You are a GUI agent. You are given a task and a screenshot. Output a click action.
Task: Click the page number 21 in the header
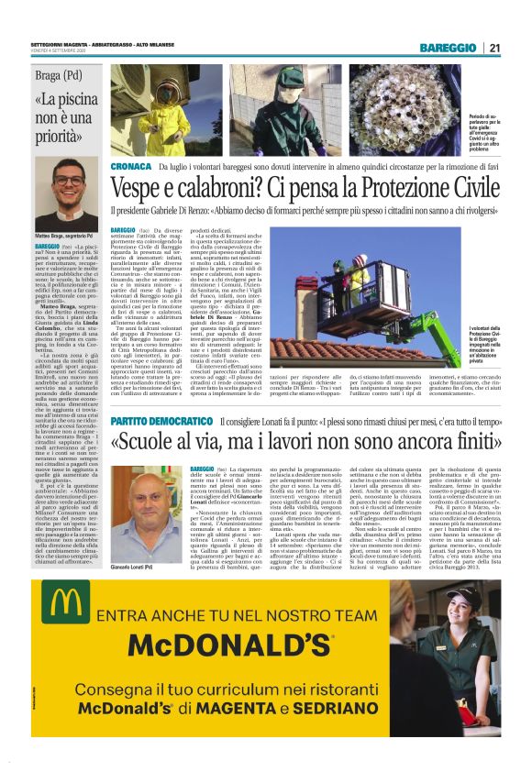493,48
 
